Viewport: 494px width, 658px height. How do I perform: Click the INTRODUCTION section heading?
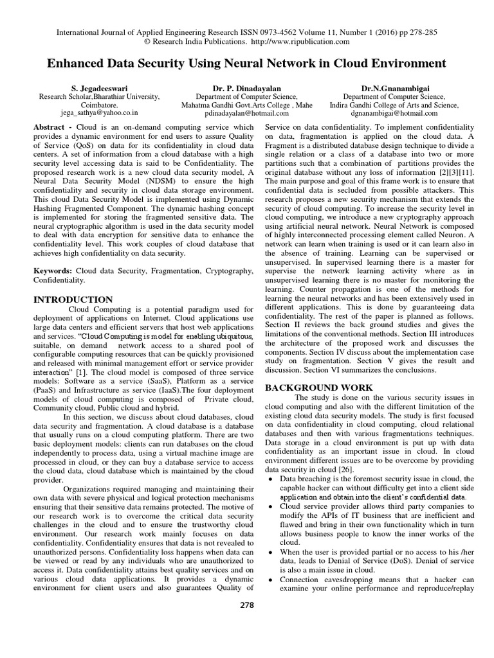pos(73,299)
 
